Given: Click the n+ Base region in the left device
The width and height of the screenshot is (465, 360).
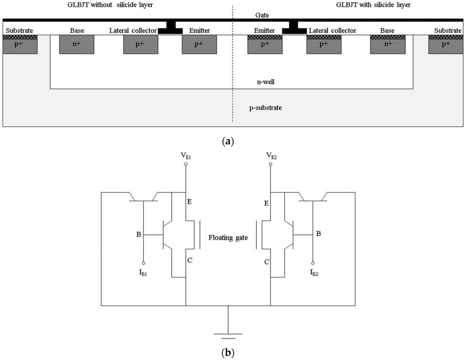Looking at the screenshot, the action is click(77, 45).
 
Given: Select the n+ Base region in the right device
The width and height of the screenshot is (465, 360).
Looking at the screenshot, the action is click(388, 44).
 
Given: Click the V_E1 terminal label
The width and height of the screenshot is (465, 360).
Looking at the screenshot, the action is click(186, 155).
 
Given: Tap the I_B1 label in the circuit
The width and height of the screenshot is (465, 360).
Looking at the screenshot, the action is click(143, 274).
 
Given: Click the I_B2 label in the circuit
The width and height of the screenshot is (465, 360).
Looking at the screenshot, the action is click(313, 274).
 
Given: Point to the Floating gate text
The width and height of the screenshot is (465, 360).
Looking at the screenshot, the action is click(228, 237).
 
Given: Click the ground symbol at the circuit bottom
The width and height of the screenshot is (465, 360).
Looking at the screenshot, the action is click(228, 334).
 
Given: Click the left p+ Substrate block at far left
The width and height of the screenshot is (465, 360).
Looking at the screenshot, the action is click(20, 45).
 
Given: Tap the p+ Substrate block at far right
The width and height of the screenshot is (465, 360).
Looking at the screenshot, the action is click(446, 44).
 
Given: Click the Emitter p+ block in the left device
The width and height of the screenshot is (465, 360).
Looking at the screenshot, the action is click(200, 45).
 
